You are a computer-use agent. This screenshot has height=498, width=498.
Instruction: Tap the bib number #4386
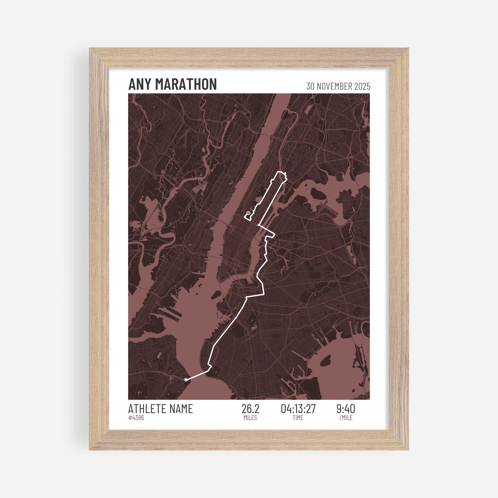(136, 418)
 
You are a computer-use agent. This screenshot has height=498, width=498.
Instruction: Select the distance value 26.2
(250, 409)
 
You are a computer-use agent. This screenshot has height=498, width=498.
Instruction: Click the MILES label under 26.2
(250, 418)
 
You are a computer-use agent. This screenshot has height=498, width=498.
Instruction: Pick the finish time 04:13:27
(298, 409)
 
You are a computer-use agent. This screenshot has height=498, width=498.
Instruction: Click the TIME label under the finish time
(298, 418)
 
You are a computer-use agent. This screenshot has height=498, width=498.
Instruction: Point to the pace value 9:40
(346, 409)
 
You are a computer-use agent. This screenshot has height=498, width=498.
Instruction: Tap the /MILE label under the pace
(346, 418)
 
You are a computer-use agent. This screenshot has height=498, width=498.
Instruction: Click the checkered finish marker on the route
(249, 213)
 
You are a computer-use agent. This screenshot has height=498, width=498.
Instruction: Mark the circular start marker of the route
(186, 379)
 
